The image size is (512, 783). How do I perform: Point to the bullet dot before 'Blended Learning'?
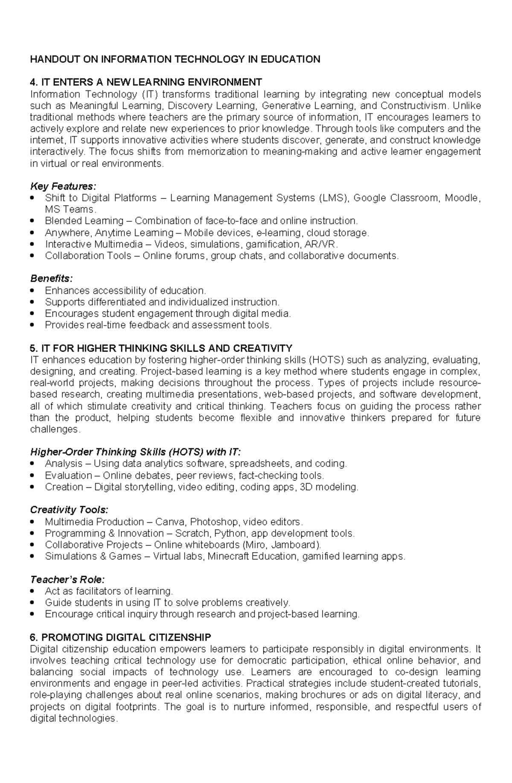click(34, 221)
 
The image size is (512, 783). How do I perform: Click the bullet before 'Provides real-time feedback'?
click(34, 326)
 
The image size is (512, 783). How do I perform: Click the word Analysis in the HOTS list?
click(64, 464)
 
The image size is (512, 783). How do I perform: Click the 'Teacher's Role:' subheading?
click(67, 580)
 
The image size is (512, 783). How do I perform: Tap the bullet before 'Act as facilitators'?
click(34, 592)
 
